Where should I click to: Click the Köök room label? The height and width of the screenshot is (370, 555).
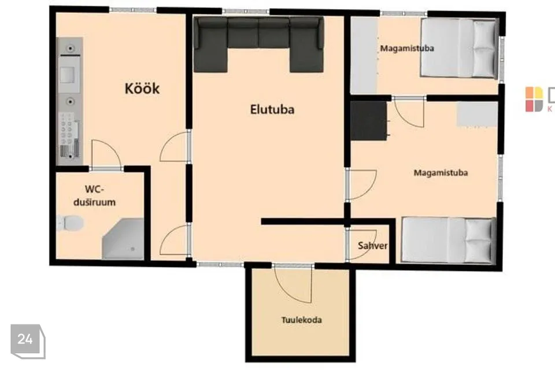(142, 88)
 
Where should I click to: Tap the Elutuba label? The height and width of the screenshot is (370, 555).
(272, 109)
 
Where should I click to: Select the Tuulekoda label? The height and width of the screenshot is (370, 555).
(302, 320)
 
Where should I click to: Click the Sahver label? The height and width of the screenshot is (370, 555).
(372, 245)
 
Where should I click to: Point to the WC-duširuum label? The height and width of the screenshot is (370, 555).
(94, 196)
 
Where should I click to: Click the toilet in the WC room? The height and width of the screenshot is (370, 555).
(70, 223)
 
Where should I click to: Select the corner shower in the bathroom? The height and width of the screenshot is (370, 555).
(123, 239)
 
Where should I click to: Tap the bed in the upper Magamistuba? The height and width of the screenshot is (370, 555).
(458, 48)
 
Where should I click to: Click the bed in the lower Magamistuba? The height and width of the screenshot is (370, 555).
(449, 240)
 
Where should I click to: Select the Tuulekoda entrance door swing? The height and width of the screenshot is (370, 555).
(293, 283)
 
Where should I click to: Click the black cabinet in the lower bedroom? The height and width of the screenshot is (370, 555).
(369, 120)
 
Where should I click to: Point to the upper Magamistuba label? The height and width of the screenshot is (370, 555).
(407, 48)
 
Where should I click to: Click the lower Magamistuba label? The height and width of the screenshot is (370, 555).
(441, 173)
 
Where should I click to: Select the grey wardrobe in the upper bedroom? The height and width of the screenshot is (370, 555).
(364, 55)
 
